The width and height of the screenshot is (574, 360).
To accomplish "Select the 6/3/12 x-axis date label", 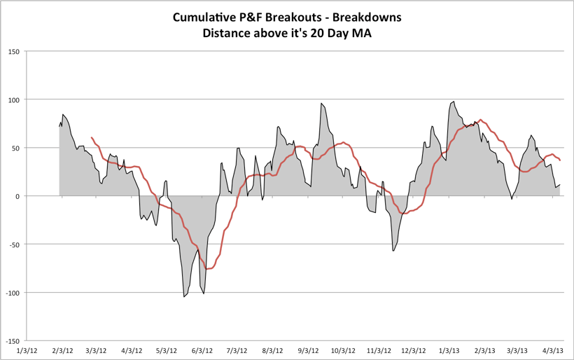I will click(202, 349).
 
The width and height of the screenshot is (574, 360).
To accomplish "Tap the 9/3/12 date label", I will click(308, 349).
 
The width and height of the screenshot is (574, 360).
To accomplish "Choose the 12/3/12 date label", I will click(414, 349).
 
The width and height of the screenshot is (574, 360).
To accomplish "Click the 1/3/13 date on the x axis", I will click(449, 349).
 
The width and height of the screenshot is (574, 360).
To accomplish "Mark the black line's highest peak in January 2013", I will click(454, 102).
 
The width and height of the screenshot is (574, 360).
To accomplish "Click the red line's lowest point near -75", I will click(207, 269).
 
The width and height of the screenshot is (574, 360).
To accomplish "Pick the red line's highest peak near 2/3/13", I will click(480, 120).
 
